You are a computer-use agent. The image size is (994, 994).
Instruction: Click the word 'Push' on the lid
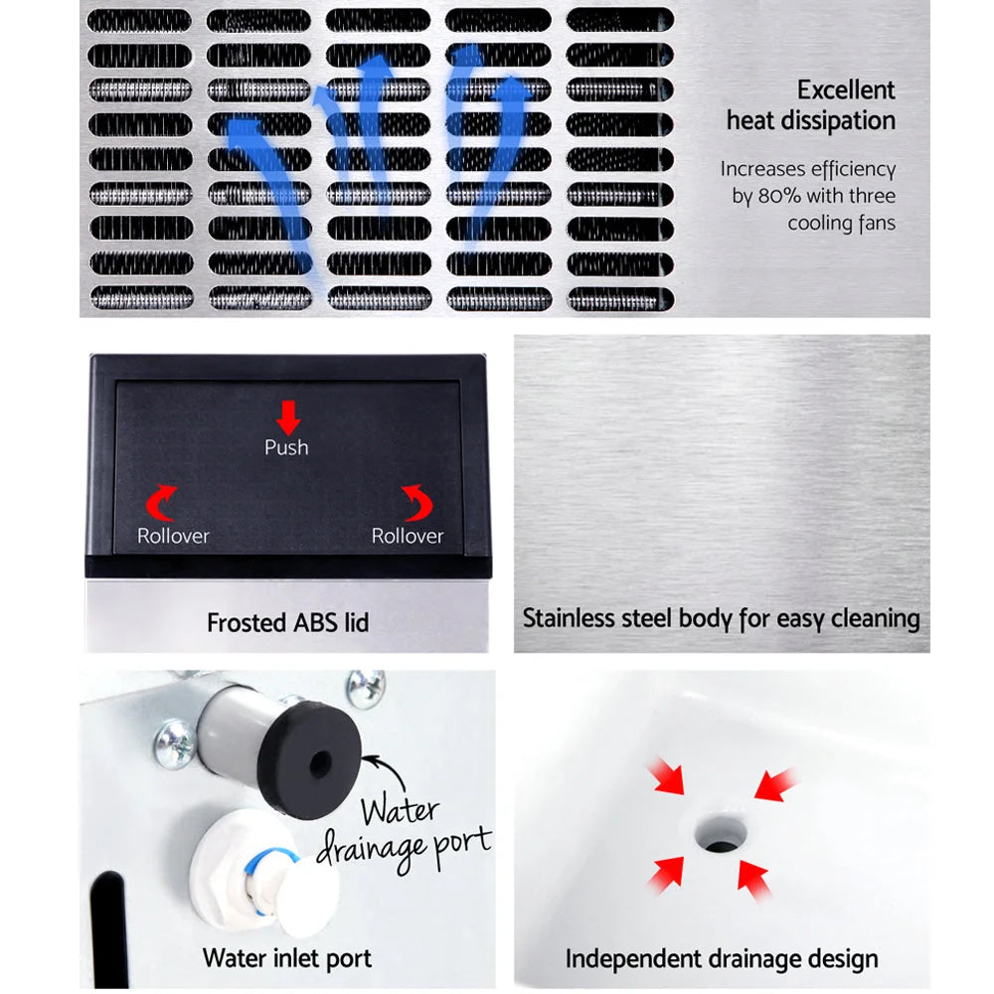[x=286, y=447]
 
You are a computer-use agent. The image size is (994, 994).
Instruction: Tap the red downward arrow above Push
[x=287, y=414]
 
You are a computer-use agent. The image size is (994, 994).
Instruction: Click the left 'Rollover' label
[x=173, y=536]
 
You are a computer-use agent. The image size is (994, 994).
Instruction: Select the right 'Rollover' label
[x=407, y=536]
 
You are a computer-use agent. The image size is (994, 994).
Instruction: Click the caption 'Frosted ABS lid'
[x=287, y=623]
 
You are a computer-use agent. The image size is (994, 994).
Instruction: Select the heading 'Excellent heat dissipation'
[x=811, y=105]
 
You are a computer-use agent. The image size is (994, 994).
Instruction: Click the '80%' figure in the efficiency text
[x=779, y=196]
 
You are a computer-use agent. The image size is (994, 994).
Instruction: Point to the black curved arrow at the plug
[x=383, y=770]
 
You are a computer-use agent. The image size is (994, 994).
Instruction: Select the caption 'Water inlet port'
[x=286, y=959]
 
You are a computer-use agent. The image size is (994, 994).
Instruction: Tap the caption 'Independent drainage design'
[x=722, y=959]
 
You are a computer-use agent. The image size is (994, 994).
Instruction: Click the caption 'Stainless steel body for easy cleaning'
[x=721, y=618]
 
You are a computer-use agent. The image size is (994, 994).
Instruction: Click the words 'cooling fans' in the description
[x=841, y=223]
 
